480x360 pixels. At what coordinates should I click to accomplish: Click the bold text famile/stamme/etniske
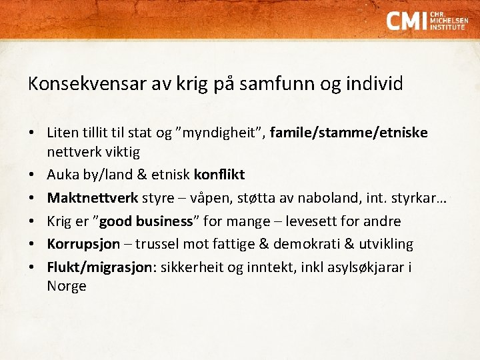[349, 133]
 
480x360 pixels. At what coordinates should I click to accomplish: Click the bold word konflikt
[219, 175]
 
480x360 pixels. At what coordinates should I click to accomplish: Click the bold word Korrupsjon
[83, 244]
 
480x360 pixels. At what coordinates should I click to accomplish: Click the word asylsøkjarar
[368, 267]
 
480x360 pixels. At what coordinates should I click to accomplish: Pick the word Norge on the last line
[67, 286]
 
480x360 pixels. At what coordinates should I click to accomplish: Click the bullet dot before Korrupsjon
[32, 244]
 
